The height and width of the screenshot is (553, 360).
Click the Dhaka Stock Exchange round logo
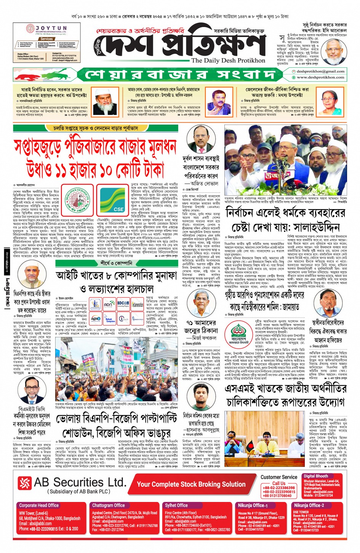(x=77, y=200)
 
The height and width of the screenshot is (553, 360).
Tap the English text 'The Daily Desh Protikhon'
(x=228, y=60)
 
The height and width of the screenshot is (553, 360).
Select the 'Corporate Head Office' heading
(x=39, y=505)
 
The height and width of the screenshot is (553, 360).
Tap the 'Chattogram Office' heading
(x=108, y=505)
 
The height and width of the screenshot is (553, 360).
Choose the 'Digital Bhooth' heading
(x=316, y=476)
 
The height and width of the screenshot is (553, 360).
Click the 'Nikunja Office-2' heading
(x=309, y=505)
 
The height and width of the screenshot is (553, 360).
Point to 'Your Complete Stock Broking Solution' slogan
(x=191, y=484)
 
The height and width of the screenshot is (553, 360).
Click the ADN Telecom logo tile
(x=109, y=304)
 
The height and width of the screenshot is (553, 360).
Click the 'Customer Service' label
(x=279, y=477)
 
